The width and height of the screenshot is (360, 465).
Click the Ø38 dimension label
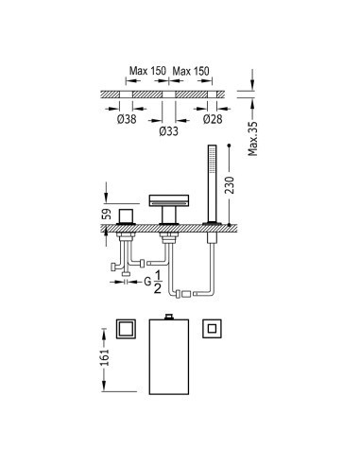click(x=127, y=119)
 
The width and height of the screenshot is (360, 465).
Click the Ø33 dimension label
click(x=169, y=131)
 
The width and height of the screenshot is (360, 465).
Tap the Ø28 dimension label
click(x=213, y=119)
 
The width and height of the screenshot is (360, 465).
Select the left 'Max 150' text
click(x=147, y=71)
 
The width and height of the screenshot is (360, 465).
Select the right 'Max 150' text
click(x=191, y=71)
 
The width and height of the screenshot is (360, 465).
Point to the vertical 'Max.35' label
click(x=252, y=139)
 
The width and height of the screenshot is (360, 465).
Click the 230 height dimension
click(x=230, y=185)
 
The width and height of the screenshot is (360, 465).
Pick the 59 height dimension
click(x=108, y=214)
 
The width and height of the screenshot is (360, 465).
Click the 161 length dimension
click(x=105, y=357)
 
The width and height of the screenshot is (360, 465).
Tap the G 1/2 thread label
click(x=153, y=283)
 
